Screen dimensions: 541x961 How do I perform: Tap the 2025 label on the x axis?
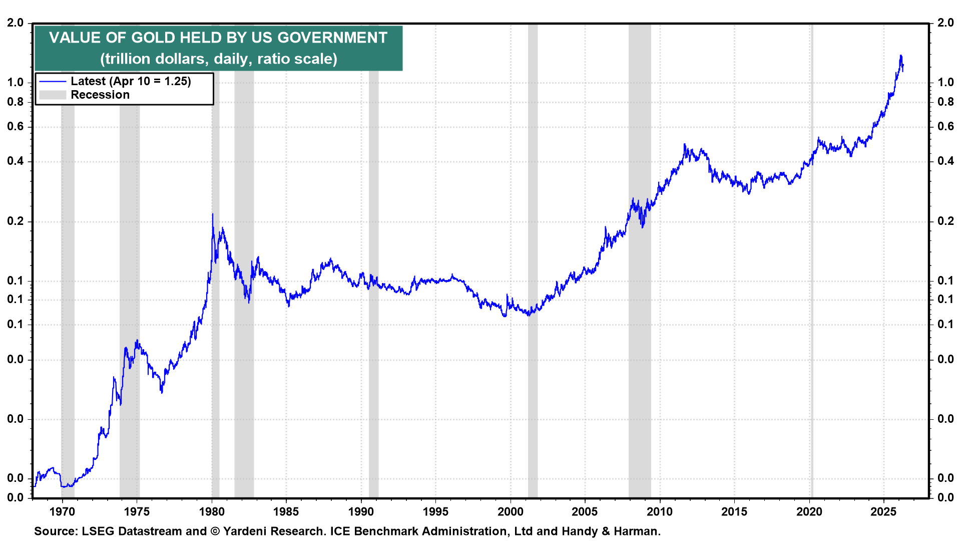[883, 511]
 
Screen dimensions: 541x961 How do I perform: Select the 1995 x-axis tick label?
[435, 511]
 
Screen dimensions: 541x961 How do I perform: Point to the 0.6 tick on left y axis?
[16, 127]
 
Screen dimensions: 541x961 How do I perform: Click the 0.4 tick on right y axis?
[945, 161]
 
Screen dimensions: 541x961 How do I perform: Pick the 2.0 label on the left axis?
[16, 23]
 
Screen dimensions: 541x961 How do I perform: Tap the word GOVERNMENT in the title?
[332, 38]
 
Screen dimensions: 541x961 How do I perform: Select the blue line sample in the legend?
[53, 82]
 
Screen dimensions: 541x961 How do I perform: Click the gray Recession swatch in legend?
[53, 95]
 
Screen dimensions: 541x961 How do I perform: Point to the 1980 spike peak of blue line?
[212, 214]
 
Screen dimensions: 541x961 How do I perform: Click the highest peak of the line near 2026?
[901, 56]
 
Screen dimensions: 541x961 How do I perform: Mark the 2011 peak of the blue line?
[685, 145]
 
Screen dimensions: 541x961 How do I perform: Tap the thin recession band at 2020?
[811, 351]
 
